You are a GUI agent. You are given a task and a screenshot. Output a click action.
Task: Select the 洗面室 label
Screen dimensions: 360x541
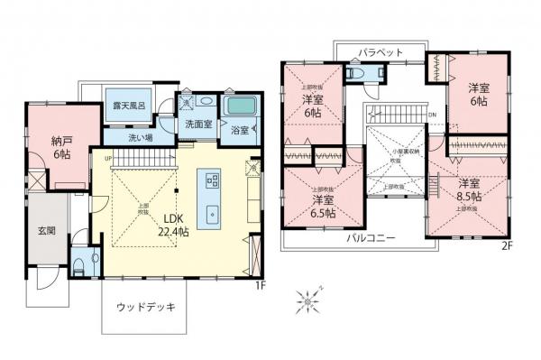click(198, 125)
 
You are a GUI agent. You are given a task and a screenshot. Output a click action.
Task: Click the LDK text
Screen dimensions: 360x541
click(173, 218)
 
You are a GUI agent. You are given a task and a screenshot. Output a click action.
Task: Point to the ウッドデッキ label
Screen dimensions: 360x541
click(145, 307)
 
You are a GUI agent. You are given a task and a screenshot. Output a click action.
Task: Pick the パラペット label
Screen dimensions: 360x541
click(379, 53)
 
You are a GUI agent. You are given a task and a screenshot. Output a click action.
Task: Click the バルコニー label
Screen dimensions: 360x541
click(368, 239)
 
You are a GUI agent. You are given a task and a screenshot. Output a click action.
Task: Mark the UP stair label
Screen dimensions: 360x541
click(109, 159)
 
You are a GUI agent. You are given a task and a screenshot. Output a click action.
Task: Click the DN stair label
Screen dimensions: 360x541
click(434, 115)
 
